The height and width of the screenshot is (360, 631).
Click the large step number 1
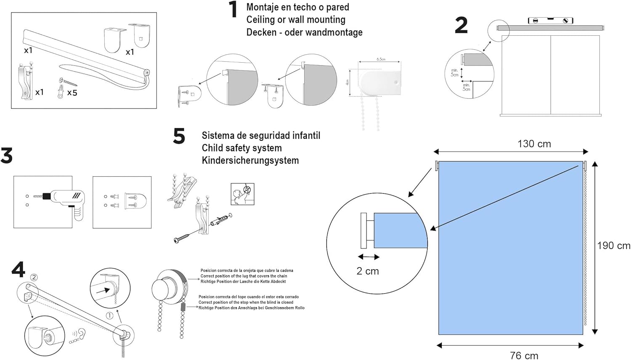tap(233, 10)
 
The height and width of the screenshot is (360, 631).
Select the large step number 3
tap(6, 156)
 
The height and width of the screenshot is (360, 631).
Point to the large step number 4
tap(18, 270)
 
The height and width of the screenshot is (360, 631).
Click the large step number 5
tap(179, 137)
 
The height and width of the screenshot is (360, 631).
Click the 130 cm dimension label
tap(534, 144)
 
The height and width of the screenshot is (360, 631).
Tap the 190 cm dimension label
tap(613, 246)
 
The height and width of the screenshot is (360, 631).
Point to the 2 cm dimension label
tap(368, 271)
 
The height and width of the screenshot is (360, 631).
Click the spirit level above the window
tap(550, 20)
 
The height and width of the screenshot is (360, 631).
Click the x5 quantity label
tap(72, 93)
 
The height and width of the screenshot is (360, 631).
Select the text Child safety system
tap(241, 148)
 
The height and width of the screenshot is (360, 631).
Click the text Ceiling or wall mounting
tap(296, 20)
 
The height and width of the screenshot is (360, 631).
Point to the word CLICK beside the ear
tap(74, 340)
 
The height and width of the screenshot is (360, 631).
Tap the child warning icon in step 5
tap(243, 194)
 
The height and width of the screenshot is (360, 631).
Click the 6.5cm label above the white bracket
tap(381, 59)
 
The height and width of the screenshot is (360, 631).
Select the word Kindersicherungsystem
tap(250, 160)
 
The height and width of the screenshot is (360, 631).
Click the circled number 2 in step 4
tap(34, 277)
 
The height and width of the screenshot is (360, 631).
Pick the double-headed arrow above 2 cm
tap(369, 257)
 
